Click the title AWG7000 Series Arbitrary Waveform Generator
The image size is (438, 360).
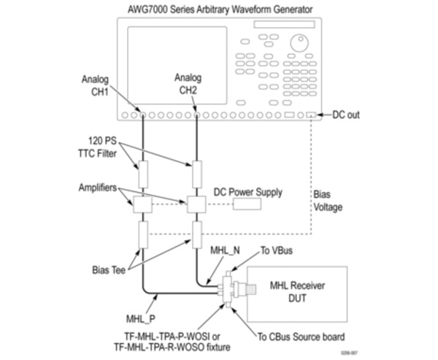218,9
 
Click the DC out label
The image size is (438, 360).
346,115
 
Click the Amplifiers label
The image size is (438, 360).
99,188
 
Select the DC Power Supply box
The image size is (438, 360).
247,203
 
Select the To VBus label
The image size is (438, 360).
278,251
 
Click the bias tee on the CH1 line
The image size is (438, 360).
142,236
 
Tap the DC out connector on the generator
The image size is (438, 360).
312,115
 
